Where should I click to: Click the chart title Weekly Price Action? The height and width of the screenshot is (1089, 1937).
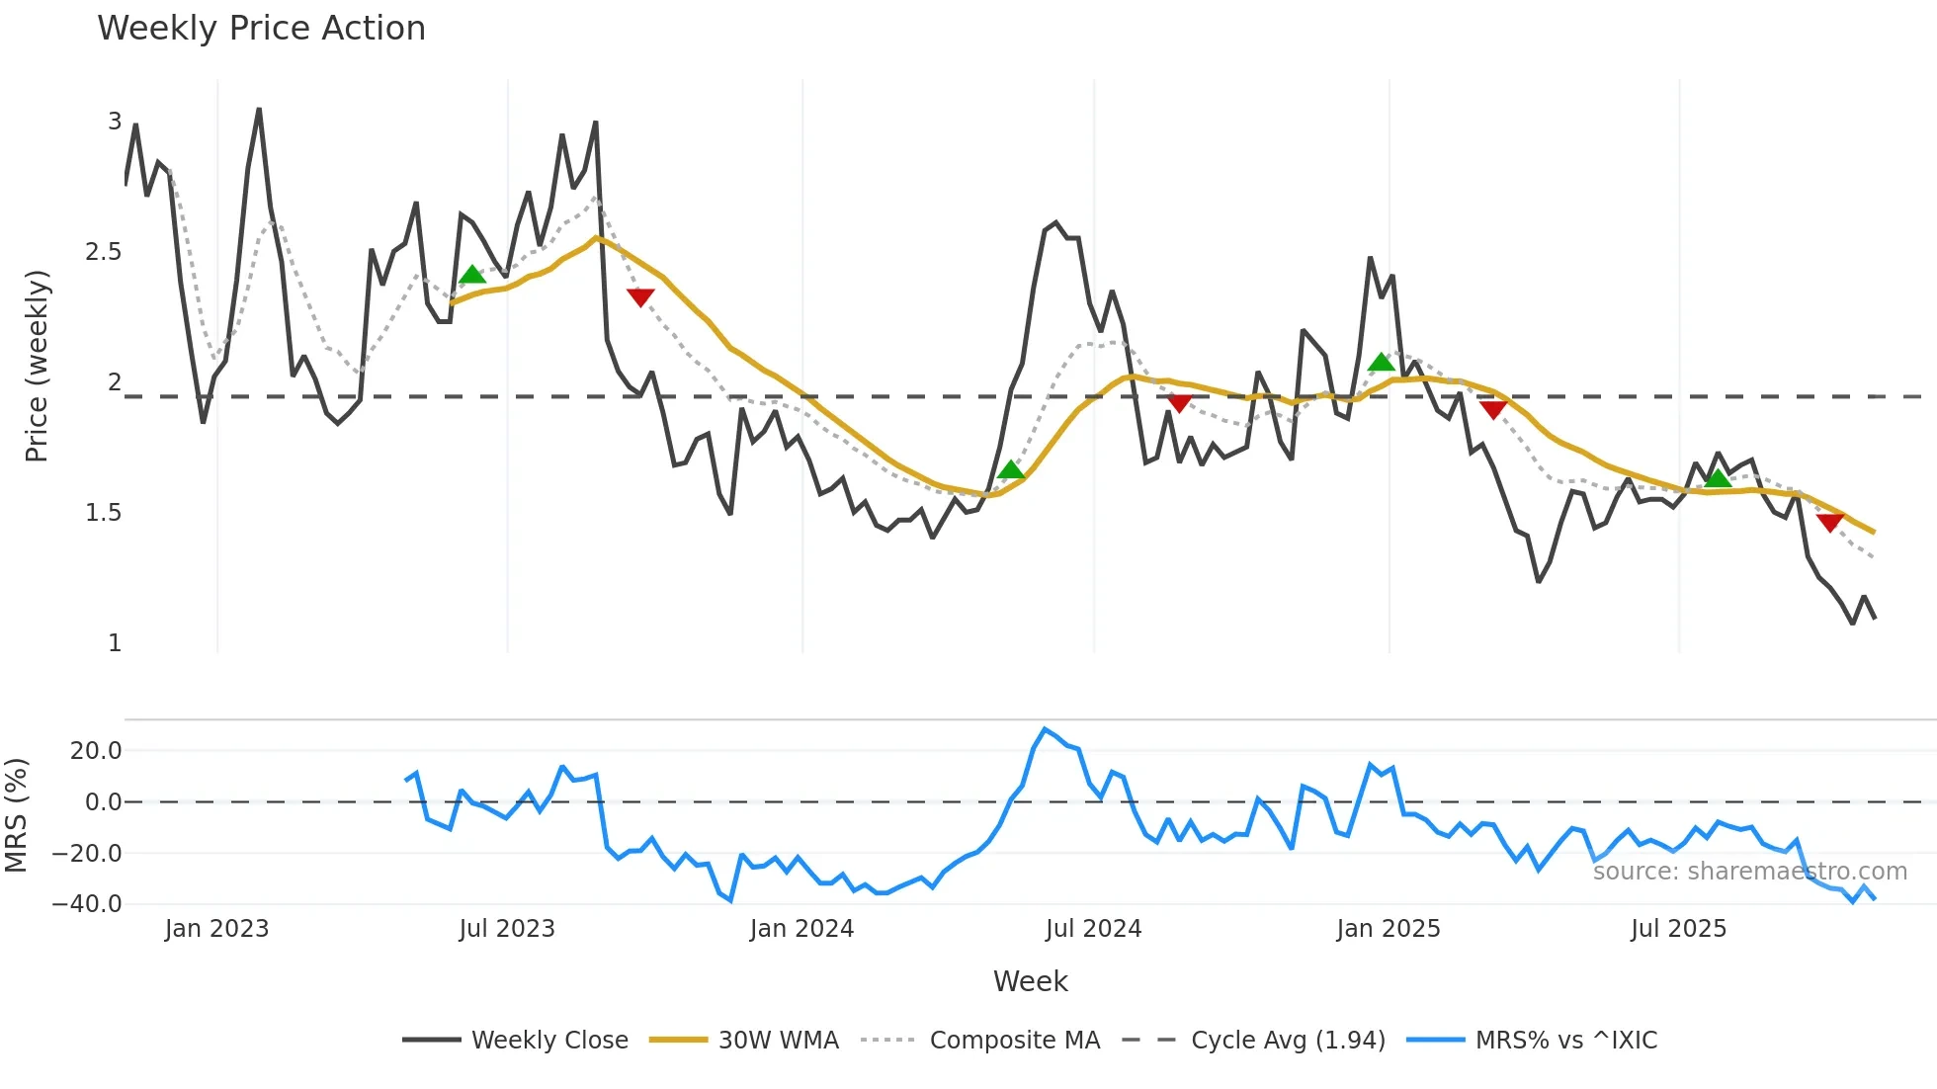pyautogui.click(x=261, y=29)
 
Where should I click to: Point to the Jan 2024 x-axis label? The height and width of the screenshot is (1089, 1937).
pyautogui.click(x=801, y=929)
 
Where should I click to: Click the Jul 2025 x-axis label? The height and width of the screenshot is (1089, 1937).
pyautogui.click(x=1678, y=929)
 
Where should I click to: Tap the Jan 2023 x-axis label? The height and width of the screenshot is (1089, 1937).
pyautogui.click(x=216, y=929)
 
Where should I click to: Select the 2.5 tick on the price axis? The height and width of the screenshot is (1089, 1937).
pyautogui.click(x=104, y=252)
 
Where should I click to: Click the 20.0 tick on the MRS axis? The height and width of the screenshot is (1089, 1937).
pyautogui.click(x=96, y=751)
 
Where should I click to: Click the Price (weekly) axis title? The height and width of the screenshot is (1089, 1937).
pyautogui.click(x=37, y=366)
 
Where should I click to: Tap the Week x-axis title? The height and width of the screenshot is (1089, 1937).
pyautogui.click(x=1030, y=981)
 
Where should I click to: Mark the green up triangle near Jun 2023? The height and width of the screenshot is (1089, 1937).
pyautogui.click(x=472, y=275)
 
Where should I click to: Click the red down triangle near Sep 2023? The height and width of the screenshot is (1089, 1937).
pyautogui.click(x=640, y=296)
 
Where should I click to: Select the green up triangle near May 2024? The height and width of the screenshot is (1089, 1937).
pyautogui.click(x=1011, y=469)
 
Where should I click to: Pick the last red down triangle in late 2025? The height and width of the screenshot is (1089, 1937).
pyautogui.click(x=1830, y=522)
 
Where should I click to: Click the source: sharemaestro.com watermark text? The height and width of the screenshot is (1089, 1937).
pyautogui.click(x=1749, y=872)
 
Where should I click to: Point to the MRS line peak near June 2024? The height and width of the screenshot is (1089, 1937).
pyautogui.click(x=1045, y=729)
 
